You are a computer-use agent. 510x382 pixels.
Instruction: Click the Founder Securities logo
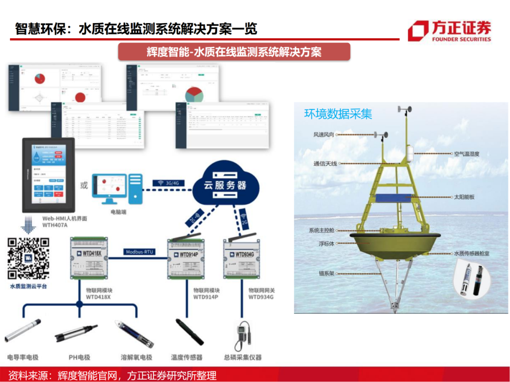pyautogui.click(x=449, y=31)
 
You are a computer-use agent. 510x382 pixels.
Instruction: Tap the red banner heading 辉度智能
pyautogui.click(x=234, y=52)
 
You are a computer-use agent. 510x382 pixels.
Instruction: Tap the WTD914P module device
pyautogui.click(x=188, y=259)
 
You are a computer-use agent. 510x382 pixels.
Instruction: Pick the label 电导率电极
pyautogui.click(x=24, y=357)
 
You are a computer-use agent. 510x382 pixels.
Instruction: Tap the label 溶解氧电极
pyautogui.click(x=136, y=357)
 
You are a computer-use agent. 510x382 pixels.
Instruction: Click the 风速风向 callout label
pyautogui.click(x=324, y=134)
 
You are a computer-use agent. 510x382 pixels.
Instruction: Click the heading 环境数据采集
pyautogui.click(x=338, y=114)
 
